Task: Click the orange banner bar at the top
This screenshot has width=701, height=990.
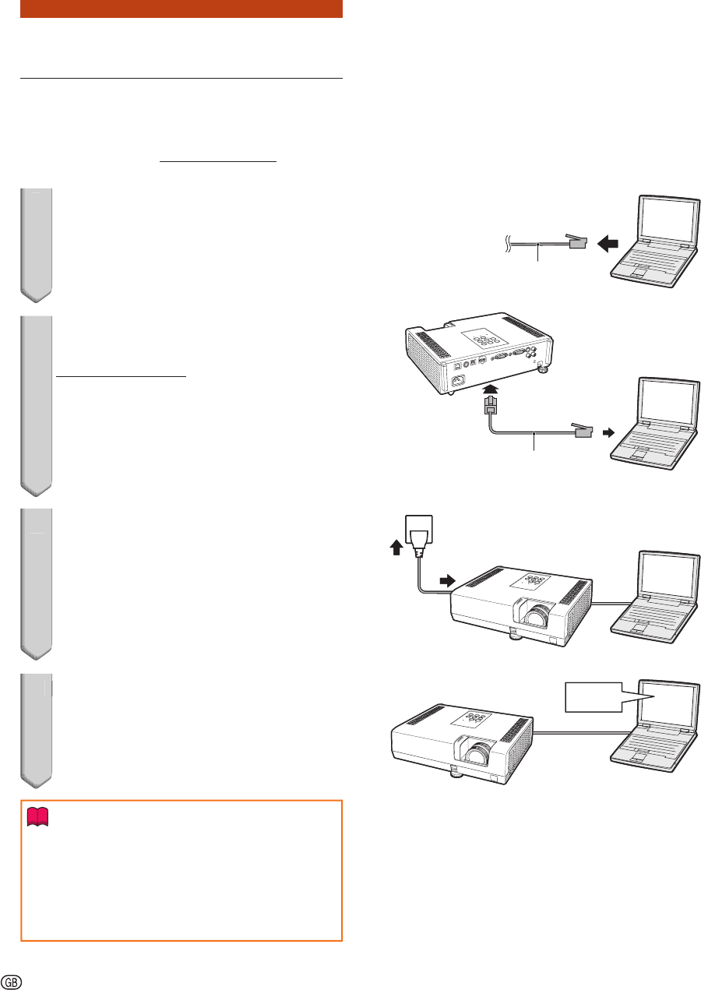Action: [x=181, y=9]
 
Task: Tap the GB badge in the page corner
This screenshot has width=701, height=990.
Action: [x=12, y=982]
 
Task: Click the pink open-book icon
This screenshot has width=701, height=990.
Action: [x=37, y=817]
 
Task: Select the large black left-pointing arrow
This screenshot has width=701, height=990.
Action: [x=608, y=244]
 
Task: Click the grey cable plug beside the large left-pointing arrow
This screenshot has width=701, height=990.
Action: [x=577, y=241]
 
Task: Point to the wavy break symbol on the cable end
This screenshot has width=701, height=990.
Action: [x=509, y=244]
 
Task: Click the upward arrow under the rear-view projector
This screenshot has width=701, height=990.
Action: [x=491, y=389]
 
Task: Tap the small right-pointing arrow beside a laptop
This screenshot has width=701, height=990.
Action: [x=609, y=432]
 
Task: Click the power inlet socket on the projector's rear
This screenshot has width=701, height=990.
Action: [x=458, y=379]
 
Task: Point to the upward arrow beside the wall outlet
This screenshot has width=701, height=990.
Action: [x=396, y=548]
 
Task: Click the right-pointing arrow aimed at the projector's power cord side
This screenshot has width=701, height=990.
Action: [x=447, y=580]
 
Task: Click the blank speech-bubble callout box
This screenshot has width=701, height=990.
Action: [x=594, y=697]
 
